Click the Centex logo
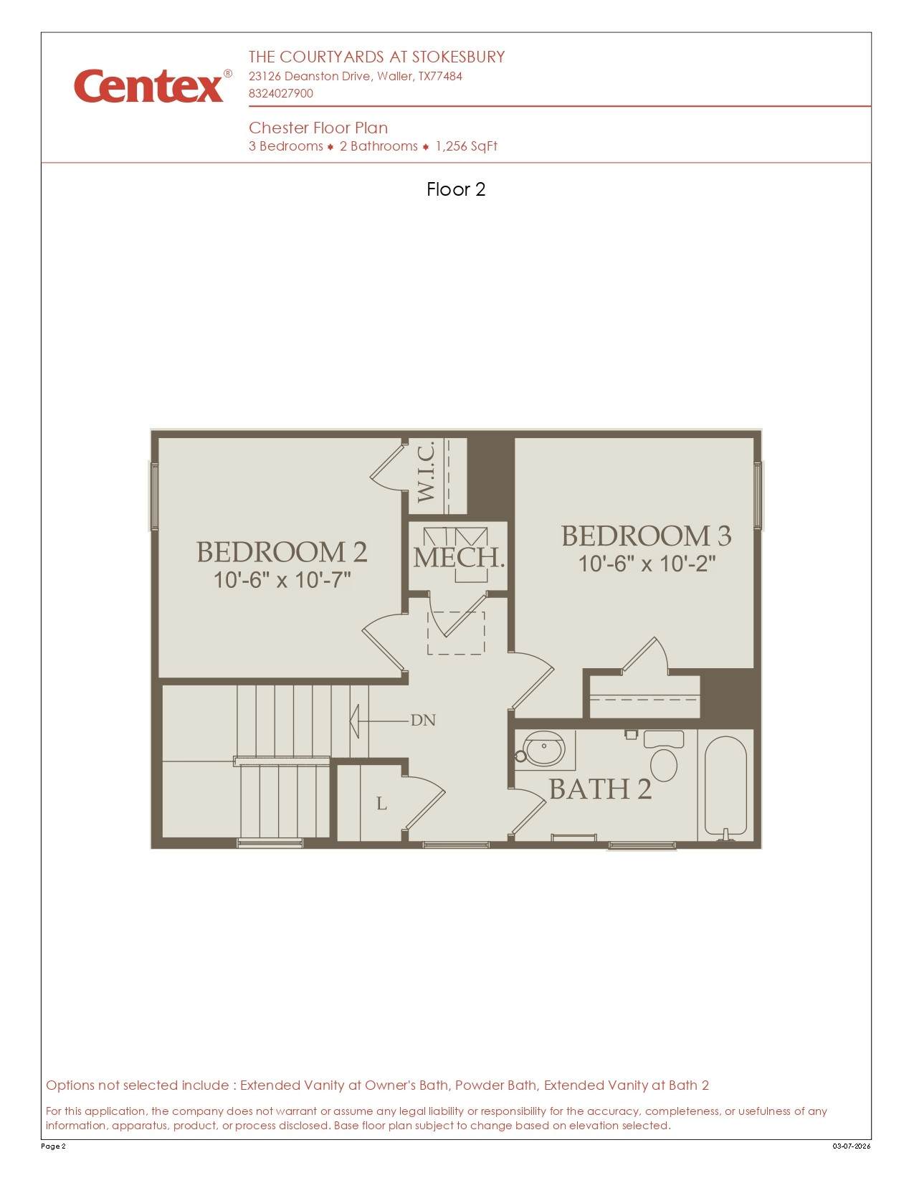coord(153,85)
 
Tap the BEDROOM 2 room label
coord(282,552)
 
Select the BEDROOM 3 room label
coord(646,536)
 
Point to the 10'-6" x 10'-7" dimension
coord(282,580)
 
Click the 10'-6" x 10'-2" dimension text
coord(647,564)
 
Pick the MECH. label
coord(459,558)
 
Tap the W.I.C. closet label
coord(426,472)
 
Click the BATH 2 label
coord(601,789)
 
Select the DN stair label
coord(423,721)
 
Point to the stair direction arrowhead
coord(354,721)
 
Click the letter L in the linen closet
coord(382,803)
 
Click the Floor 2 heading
coord(456,189)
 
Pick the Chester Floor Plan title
coord(318,128)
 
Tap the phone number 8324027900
coord(281,93)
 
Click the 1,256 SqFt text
coord(467,146)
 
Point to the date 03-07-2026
coord(852,1146)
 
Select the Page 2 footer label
coord(53,1146)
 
